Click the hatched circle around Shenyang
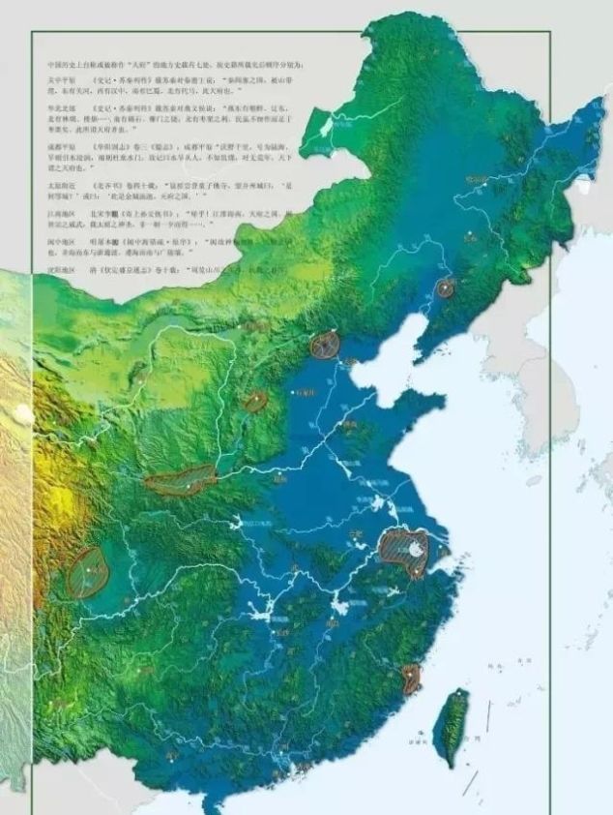coord(446,287)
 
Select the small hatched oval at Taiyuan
coord(255,401)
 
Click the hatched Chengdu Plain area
coord(88,572)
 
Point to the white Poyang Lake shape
coord(340,608)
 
